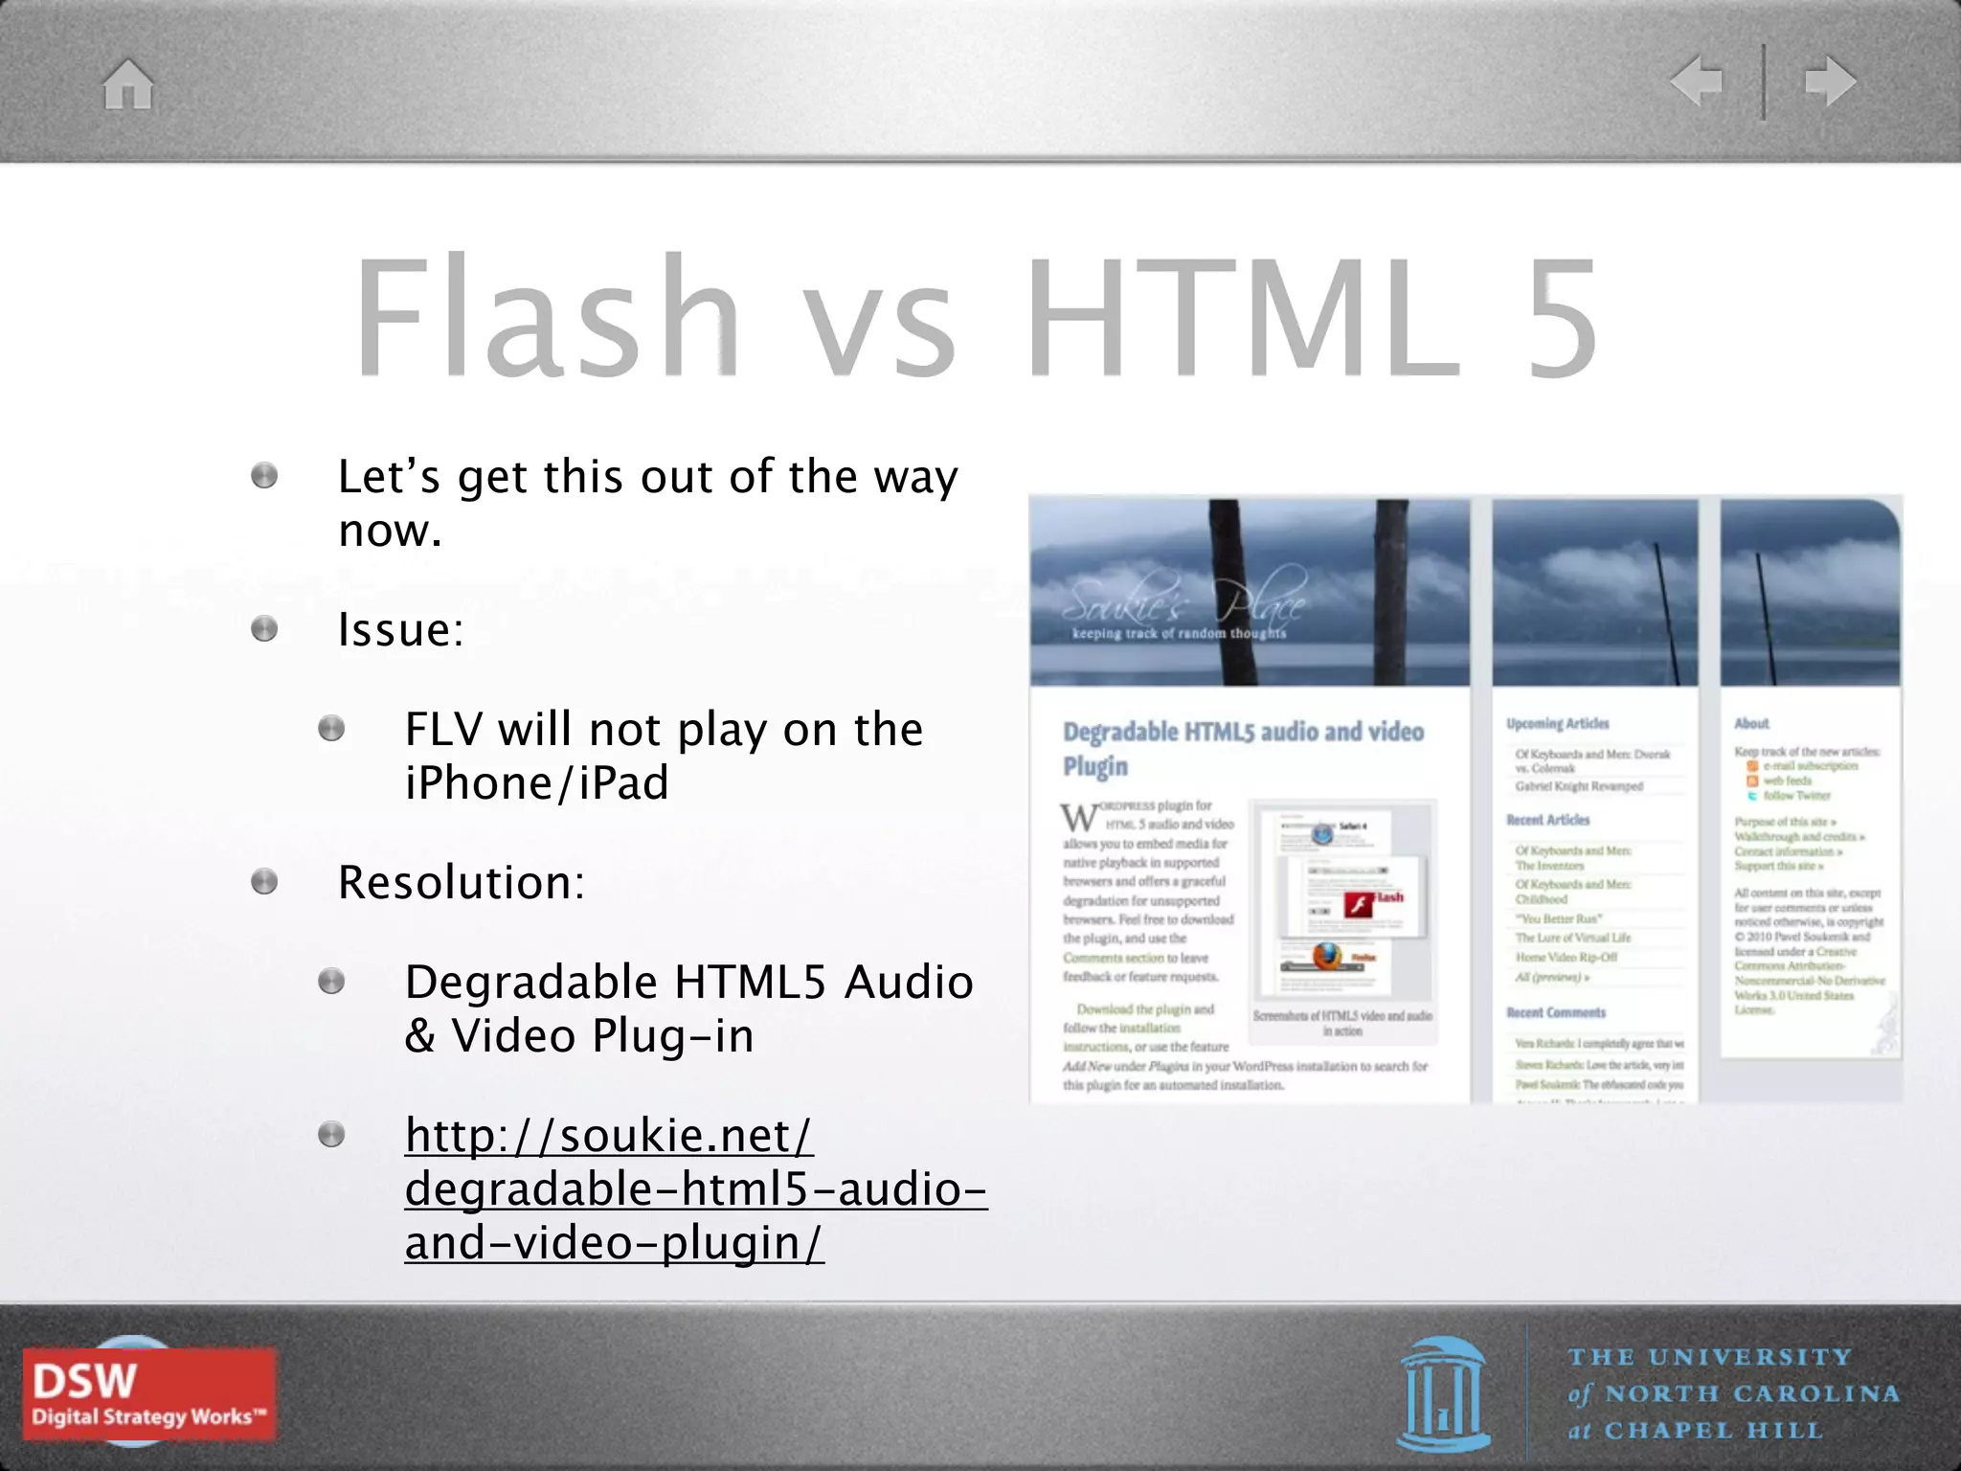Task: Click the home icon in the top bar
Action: pyautogui.click(x=128, y=84)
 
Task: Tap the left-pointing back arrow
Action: pyautogui.click(x=1696, y=81)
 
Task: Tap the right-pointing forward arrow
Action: pyautogui.click(x=1830, y=81)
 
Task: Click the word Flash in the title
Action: pyautogui.click(x=547, y=316)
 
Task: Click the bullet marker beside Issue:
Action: pyautogui.click(x=264, y=629)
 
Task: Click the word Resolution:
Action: pyautogui.click(x=461, y=882)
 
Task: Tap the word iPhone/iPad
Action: pyautogui.click(x=536, y=783)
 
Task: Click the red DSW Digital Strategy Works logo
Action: pyautogui.click(x=149, y=1394)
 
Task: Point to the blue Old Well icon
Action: pyautogui.click(x=1443, y=1394)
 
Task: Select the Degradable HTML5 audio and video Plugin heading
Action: pyautogui.click(x=1243, y=748)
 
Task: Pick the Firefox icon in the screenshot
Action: pyautogui.click(x=1327, y=956)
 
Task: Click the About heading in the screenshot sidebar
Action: pyautogui.click(x=1751, y=724)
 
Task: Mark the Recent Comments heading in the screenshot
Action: pyautogui.click(x=1556, y=1012)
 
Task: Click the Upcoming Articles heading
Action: pyautogui.click(x=1557, y=724)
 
